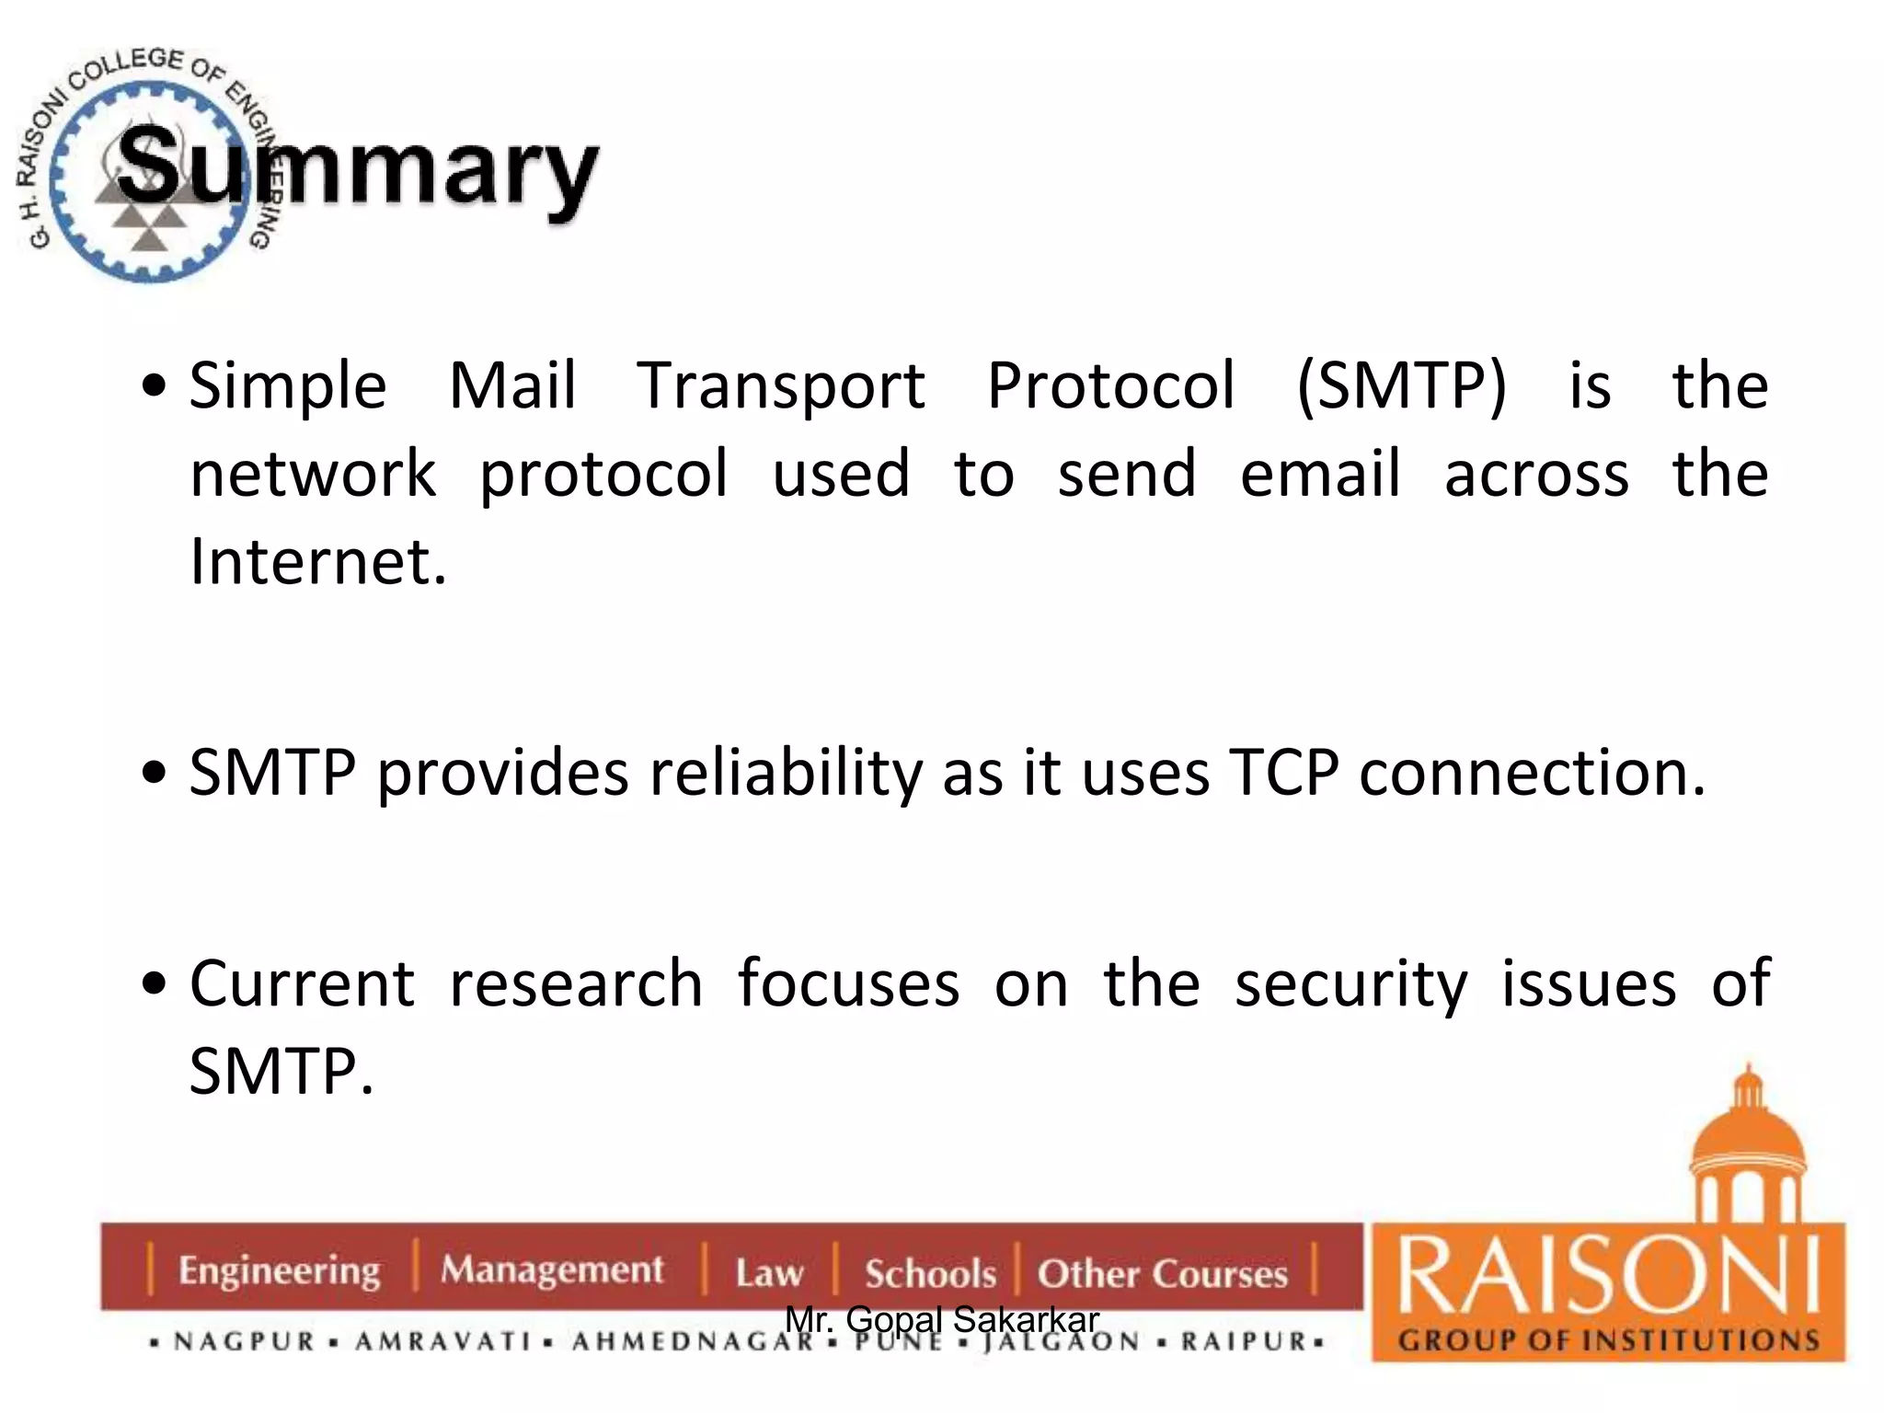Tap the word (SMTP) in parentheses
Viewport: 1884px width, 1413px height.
(1401, 386)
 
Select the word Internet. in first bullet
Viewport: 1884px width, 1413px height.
(318, 561)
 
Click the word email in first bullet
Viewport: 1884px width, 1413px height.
(1319, 475)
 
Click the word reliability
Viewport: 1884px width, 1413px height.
(786, 773)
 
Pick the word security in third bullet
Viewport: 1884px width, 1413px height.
(1350, 984)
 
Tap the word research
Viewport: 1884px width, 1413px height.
(576, 982)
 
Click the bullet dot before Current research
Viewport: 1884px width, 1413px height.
(155, 983)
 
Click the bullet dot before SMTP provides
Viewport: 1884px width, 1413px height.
(155, 773)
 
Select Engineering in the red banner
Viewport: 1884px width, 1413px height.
(279, 1270)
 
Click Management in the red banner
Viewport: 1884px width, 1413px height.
(551, 1269)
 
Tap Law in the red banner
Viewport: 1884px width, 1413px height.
(769, 1273)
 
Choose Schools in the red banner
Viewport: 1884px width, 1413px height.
(930, 1273)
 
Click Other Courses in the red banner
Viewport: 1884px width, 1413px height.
(1162, 1273)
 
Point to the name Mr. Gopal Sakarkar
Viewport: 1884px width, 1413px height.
(942, 1319)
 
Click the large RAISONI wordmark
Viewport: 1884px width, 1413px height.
(1608, 1277)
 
